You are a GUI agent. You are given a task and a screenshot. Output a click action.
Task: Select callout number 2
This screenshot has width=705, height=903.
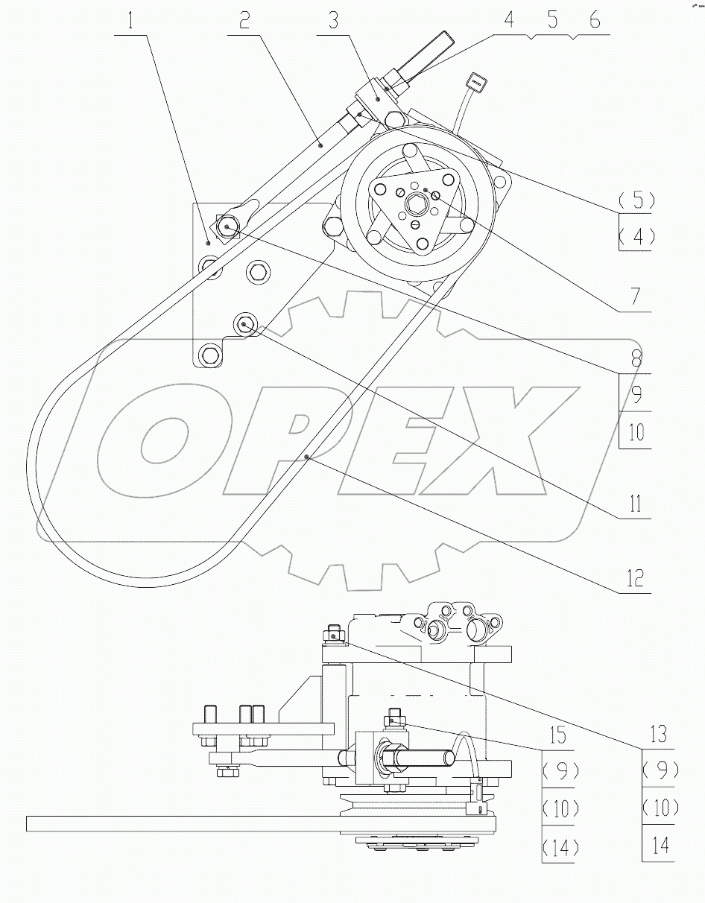point(244,21)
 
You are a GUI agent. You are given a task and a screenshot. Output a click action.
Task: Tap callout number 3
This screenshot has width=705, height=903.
point(333,21)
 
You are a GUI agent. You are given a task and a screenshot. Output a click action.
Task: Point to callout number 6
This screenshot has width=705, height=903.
point(594,21)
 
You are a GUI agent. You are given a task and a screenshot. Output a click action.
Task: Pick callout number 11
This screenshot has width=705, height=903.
point(634,504)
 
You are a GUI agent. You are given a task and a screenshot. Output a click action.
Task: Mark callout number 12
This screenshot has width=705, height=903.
point(634,578)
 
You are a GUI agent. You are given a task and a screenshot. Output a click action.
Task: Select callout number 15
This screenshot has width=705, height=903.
point(558,735)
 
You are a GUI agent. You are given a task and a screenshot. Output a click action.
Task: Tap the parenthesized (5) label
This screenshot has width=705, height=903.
point(636,200)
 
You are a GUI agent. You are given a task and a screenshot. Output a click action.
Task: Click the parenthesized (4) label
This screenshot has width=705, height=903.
point(636,237)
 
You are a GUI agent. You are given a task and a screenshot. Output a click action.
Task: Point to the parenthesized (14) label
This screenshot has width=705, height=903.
point(558,846)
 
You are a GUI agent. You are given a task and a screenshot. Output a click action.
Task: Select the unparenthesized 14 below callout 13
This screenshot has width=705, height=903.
point(660,846)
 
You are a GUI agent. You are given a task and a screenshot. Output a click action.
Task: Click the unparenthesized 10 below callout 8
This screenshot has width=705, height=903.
point(636,431)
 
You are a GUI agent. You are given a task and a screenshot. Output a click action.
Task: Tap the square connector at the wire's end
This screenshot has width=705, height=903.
point(475,80)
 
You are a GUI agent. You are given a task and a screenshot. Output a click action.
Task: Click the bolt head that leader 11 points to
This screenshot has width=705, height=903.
point(245,324)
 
